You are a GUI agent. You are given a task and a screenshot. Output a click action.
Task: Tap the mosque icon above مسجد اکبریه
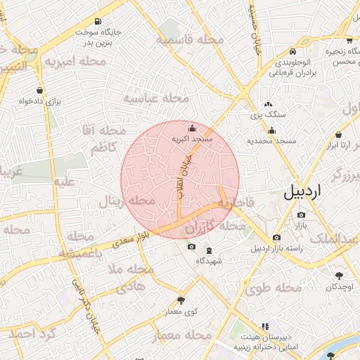pyautogui.click(x=193, y=128)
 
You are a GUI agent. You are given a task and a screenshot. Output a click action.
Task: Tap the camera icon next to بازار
pyautogui.click(x=302, y=214)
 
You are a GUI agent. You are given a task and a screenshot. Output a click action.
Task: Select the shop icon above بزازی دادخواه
pyautogui.click(x=39, y=90)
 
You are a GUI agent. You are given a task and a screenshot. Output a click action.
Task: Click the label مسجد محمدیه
pyautogui.click(x=270, y=141)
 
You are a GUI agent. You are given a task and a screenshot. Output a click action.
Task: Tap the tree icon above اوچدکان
pyautogui.click(x=340, y=276)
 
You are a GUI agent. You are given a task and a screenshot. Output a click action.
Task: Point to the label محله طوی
pyautogui.click(x=274, y=288)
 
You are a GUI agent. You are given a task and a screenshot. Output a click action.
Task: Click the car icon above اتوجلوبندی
pyautogui.click(x=292, y=51)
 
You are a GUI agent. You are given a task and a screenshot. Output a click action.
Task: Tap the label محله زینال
pyautogui.click(x=129, y=200)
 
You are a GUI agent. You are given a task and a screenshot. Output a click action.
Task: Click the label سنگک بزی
pyautogui.click(x=267, y=113)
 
